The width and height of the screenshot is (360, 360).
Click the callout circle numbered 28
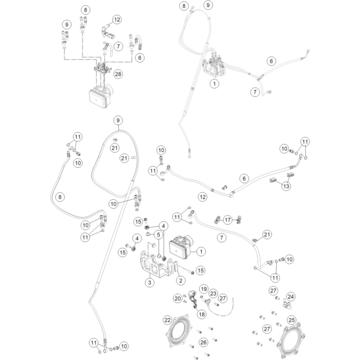pos(118,74)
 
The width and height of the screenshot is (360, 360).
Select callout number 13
pos(286,186)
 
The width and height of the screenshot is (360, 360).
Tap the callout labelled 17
pos(228,220)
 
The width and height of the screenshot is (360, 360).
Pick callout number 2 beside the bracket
pos(181,281)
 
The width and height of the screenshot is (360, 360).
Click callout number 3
pos(150,282)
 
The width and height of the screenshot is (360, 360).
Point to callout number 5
pos(158,235)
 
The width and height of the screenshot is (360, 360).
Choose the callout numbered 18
pos(202,314)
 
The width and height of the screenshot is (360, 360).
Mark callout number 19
pos(204,289)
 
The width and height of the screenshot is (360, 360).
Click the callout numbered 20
pos(178,298)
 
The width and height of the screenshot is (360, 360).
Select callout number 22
pos(168,320)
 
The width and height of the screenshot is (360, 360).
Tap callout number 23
pos(213,294)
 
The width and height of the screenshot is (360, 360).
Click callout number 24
pos(291,297)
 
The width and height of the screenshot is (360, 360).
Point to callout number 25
pos(292,320)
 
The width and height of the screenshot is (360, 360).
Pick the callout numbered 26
pos(203,343)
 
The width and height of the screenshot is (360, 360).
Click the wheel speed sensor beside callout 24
pos(286,304)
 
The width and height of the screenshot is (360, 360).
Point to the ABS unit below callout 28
pos(100,96)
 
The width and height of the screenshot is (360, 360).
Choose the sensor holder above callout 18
pos(193,298)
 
